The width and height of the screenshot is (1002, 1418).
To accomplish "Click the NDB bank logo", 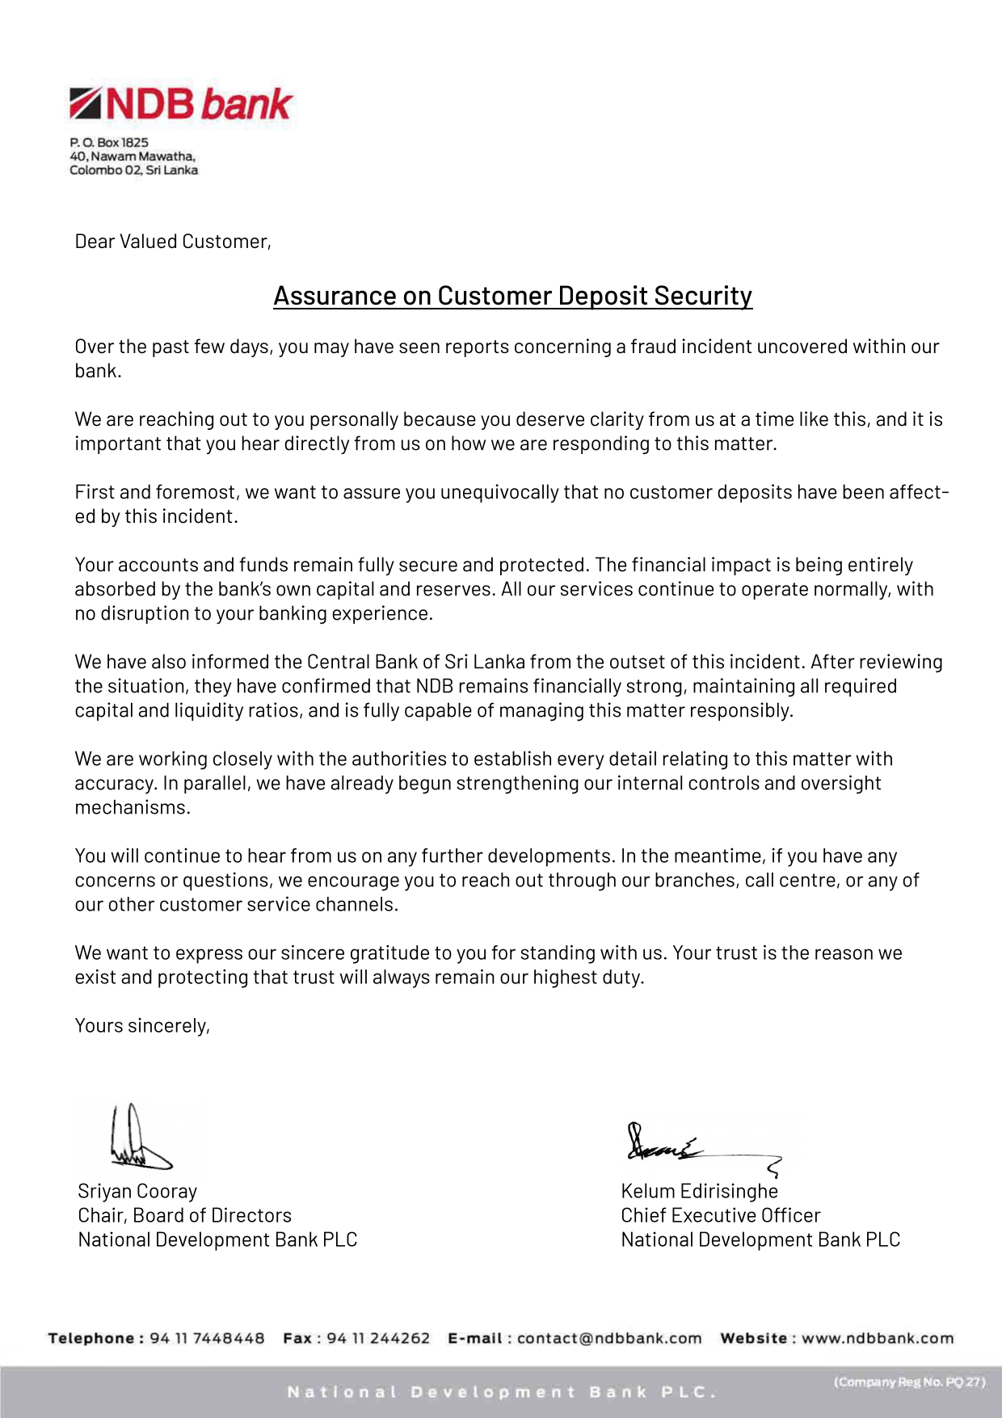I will (181, 104).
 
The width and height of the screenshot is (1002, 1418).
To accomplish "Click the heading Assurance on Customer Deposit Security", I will (512, 296).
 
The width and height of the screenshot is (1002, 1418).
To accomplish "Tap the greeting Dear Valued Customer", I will (172, 242).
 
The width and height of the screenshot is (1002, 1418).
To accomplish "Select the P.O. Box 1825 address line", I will (109, 142).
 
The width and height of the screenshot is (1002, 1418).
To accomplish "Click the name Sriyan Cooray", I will (137, 1191).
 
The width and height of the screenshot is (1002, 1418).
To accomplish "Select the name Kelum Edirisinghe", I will (699, 1191).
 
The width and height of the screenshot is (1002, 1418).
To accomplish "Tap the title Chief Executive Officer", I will (720, 1215).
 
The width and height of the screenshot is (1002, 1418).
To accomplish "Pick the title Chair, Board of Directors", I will (184, 1215).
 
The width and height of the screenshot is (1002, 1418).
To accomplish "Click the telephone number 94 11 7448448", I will (207, 1338).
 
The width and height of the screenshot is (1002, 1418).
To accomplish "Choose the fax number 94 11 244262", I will (377, 1338).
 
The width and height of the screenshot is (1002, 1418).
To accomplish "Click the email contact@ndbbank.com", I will (609, 1338).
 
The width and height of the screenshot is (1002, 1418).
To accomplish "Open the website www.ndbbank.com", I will (877, 1338).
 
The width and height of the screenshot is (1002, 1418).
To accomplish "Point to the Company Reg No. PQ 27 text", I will (909, 1382).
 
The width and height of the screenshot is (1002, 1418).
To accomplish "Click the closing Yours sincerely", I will (142, 1025).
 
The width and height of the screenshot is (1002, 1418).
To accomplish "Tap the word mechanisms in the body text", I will (133, 807).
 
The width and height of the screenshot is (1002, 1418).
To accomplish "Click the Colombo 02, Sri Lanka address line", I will (133, 170).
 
